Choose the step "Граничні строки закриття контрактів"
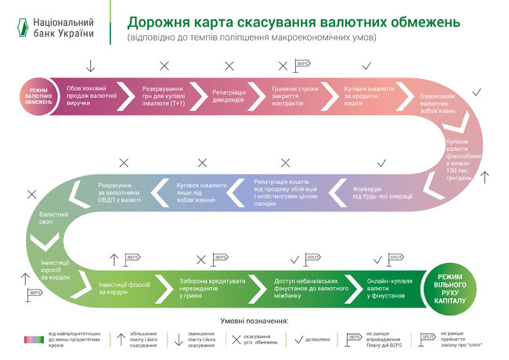(x=294, y=95)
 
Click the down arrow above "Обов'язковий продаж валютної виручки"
(x=91, y=65)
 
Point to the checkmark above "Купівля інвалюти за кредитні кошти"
(x=366, y=65)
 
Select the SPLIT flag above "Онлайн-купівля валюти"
(x=395, y=257)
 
